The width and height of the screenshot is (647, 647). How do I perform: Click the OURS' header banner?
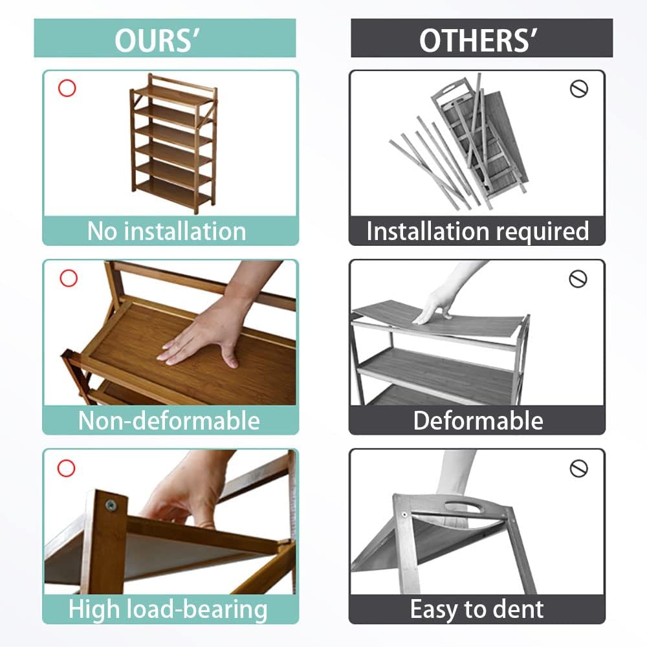(164, 38)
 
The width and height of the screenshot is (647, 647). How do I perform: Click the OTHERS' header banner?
(481, 38)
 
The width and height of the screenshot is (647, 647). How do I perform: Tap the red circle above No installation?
(67, 88)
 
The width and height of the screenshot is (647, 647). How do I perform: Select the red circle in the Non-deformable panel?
(69, 278)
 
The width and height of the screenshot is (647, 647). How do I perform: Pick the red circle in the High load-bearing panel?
(67, 468)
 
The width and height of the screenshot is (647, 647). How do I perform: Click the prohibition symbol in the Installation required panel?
(578, 89)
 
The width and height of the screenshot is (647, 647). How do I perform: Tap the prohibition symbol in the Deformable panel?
(578, 279)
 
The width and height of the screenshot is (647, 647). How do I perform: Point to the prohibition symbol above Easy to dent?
(578, 468)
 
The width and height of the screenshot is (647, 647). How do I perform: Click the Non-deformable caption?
(169, 421)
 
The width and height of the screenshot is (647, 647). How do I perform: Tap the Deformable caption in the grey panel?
(478, 421)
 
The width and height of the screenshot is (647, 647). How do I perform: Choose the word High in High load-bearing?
(94, 611)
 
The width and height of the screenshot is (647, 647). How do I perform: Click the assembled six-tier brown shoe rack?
(173, 143)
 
